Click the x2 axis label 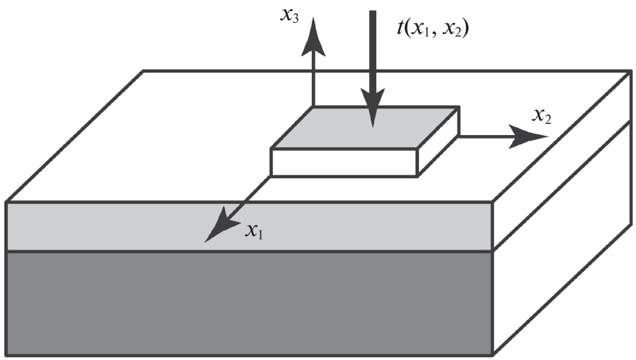pyautogui.click(x=543, y=117)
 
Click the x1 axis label pyautogui.click(x=254, y=231)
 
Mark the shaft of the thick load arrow pyautogui.click(x=372, y=52)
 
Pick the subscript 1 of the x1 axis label pyautogui.click(x=260, y=234)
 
